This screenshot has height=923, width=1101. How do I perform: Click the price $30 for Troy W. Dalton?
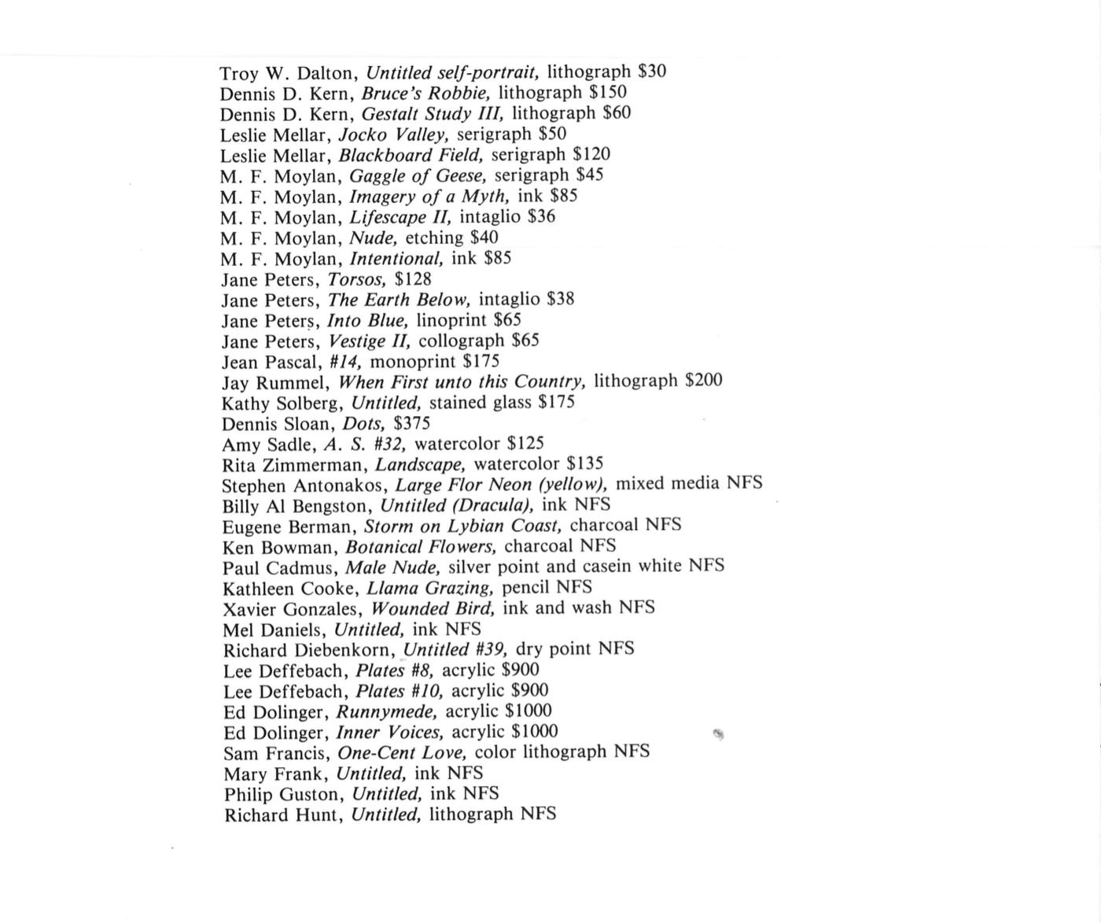652,72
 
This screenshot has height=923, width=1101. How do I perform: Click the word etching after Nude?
434,238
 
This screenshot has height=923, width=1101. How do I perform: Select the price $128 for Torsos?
413,279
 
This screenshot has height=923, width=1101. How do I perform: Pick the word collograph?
462,341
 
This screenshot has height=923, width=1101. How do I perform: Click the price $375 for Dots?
411,423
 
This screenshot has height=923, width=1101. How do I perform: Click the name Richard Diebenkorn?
309,650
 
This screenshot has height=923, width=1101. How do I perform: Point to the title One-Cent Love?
402,752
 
